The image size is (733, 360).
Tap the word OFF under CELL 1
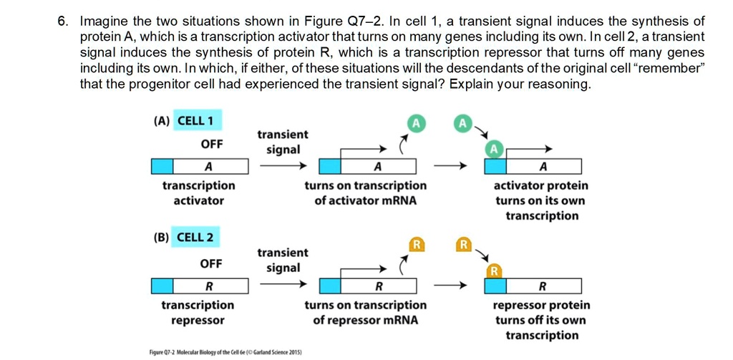[x=212, y=145]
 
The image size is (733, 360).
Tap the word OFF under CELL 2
[x=211, y=263]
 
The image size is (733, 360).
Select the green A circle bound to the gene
[x=493, y=150]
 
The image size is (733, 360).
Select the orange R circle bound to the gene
[x=493, y=271]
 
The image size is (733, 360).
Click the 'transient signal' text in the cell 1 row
[x=283, y=142]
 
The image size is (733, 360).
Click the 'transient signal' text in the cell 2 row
[x=283, y=260]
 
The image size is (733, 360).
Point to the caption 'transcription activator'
[x=198, y=193]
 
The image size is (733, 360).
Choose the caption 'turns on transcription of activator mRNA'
[x=365, y=193]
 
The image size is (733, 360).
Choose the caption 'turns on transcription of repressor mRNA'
[x=365, y=313]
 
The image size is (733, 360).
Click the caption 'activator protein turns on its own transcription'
[x=542, y=200]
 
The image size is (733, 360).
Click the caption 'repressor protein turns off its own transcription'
[x=542, y=320]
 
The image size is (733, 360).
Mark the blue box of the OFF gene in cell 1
[x=162, y=167]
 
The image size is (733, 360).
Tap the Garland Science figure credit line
[x=225, y=353]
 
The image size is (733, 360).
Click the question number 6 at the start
[x=62, y=20]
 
